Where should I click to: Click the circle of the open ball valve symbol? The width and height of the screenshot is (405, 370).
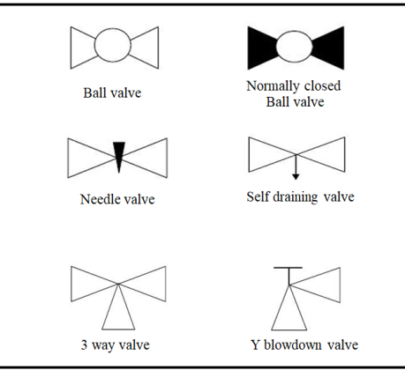coord(94,45)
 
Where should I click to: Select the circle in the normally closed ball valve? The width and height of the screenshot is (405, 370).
coord(276,47)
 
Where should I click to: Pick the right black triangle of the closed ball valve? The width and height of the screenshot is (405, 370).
coord(331,48)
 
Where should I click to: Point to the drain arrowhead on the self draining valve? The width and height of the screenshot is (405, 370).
coord(296,177)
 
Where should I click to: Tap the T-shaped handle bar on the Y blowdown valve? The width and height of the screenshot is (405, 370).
coord(288,268)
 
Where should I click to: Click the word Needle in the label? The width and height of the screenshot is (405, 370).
coord(97,199)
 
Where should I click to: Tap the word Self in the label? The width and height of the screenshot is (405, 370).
coord(258,196)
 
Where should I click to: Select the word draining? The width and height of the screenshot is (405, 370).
coord(296,197)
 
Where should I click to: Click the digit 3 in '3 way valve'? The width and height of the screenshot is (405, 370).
coord(84,345)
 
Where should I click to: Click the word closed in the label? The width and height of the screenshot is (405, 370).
coord(322,85)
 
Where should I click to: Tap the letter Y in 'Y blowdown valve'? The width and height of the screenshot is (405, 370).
coord(255,344)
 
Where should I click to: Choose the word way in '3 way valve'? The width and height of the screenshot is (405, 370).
coord(102,346)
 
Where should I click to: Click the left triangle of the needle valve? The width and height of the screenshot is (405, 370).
coord(88,158)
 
